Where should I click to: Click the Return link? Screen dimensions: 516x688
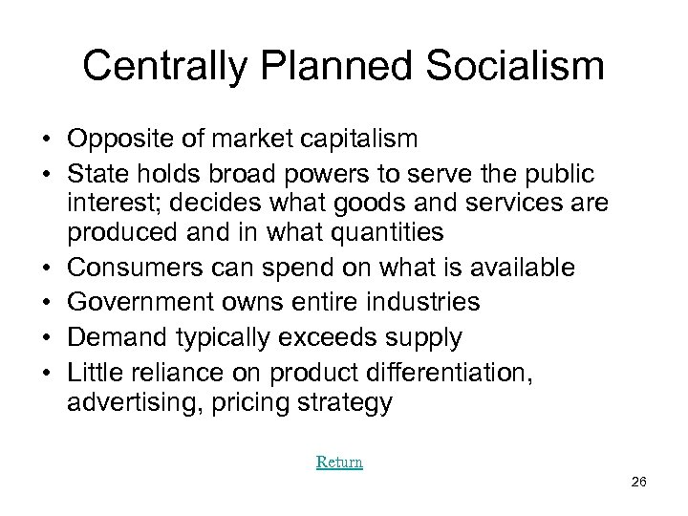point(339,462)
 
